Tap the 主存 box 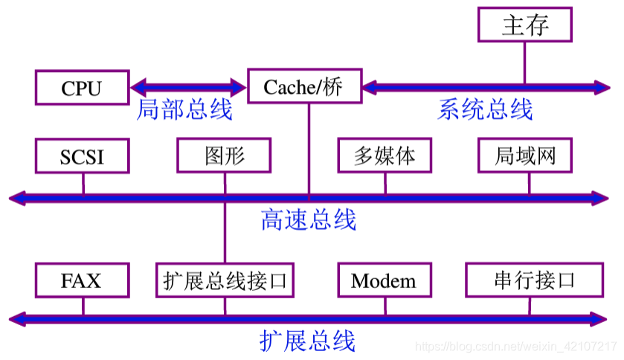tap(525, 25)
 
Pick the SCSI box tap(82, 156)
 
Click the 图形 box tap(224, 155)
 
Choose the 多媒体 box tap(385, 155)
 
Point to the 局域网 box tap(525, 155)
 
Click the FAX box tap(82, 280)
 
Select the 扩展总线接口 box tap(225, 280)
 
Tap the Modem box tap(384, 280)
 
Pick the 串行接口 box tap(534, 280)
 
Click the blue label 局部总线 tap(184, 110)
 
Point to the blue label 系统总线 tap(485, 110)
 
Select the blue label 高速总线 tap(308, 219)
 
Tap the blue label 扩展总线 tap(307, 341)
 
